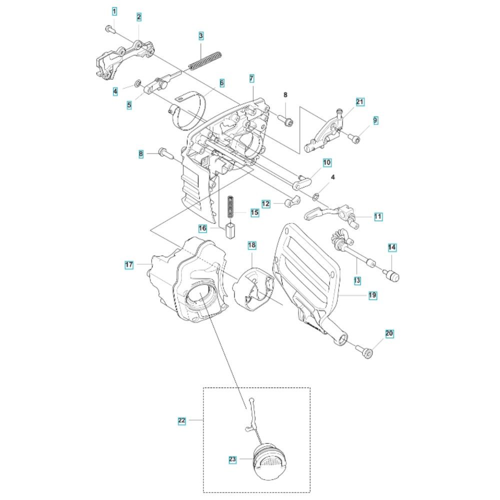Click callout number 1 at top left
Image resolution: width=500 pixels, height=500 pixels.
pos(114,11)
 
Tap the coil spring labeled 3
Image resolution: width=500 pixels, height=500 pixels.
pos(204,59)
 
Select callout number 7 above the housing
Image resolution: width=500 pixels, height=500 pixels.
pos(251,78)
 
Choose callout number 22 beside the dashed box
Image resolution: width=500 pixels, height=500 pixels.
pos(181,420)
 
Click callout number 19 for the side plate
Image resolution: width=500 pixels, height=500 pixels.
pos(372,295)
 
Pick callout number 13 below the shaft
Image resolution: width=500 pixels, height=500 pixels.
pos(357,280)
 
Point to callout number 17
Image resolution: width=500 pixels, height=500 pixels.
pos(129,264)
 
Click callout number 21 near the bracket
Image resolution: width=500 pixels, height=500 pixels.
pos(359,102)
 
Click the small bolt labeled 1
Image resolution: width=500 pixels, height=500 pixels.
pos(109,29)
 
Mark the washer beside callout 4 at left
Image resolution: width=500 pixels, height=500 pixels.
pos(137,83)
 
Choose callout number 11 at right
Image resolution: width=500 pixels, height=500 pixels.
pos(378,216)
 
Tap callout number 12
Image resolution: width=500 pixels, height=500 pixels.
pos(265,204)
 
